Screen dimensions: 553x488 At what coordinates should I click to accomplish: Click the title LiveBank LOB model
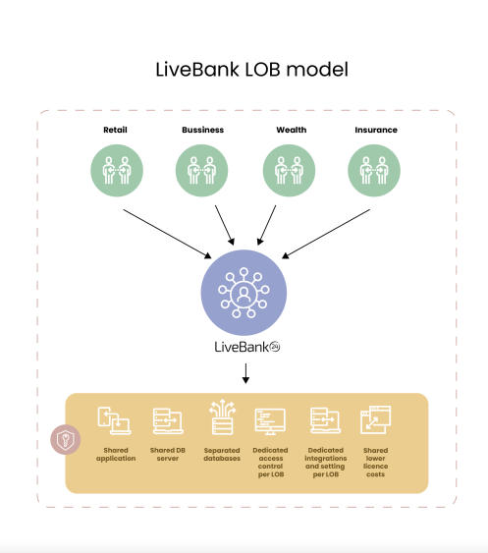[252, 70]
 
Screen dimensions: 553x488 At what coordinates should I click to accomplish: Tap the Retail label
[117, 130]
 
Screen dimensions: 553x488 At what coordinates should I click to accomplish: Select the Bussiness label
[202, 130]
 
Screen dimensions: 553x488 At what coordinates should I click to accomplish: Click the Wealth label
[289, 130]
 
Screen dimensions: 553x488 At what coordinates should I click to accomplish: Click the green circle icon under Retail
[117, 172]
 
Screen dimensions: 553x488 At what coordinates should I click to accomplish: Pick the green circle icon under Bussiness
[202, 172]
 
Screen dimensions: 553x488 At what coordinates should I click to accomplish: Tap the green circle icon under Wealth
[289, 172]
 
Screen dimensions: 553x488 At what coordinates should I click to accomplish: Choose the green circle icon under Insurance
[374, 172]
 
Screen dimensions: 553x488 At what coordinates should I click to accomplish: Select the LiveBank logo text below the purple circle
[244, 347]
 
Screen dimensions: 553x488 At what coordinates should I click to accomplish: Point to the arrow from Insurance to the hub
[325, 232]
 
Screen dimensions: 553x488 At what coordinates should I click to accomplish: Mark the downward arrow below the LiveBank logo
[245, 373]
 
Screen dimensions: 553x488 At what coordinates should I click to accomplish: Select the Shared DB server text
[168, 453]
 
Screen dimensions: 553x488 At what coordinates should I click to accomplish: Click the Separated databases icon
[221, 420]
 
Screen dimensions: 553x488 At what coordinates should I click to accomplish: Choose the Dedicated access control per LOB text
[270, 461]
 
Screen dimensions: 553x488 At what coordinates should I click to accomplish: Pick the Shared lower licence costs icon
[376, 420]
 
